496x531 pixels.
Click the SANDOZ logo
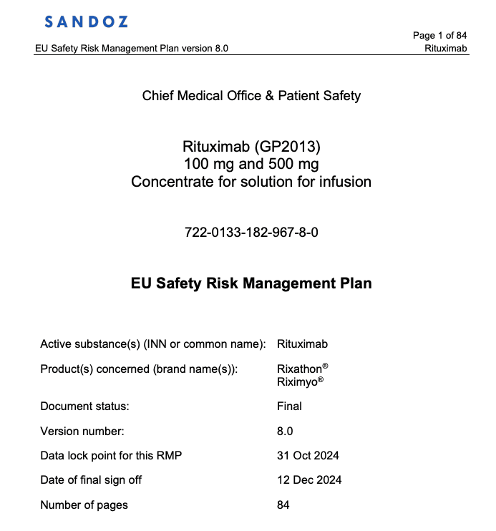86,21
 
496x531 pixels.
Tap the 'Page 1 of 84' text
439,36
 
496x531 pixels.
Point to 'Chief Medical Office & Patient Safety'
251,96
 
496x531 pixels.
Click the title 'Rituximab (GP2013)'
251,147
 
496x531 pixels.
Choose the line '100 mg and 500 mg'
251,164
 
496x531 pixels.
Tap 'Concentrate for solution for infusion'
251,181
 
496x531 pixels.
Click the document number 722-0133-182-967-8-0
251,233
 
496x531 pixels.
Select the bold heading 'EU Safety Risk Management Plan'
251,283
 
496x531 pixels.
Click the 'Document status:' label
84,406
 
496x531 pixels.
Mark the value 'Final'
289,406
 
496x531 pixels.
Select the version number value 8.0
285,432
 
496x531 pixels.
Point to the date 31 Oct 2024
308,456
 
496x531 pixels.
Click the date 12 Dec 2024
308,480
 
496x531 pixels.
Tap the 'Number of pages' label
84,505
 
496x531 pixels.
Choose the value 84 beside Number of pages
283,505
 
